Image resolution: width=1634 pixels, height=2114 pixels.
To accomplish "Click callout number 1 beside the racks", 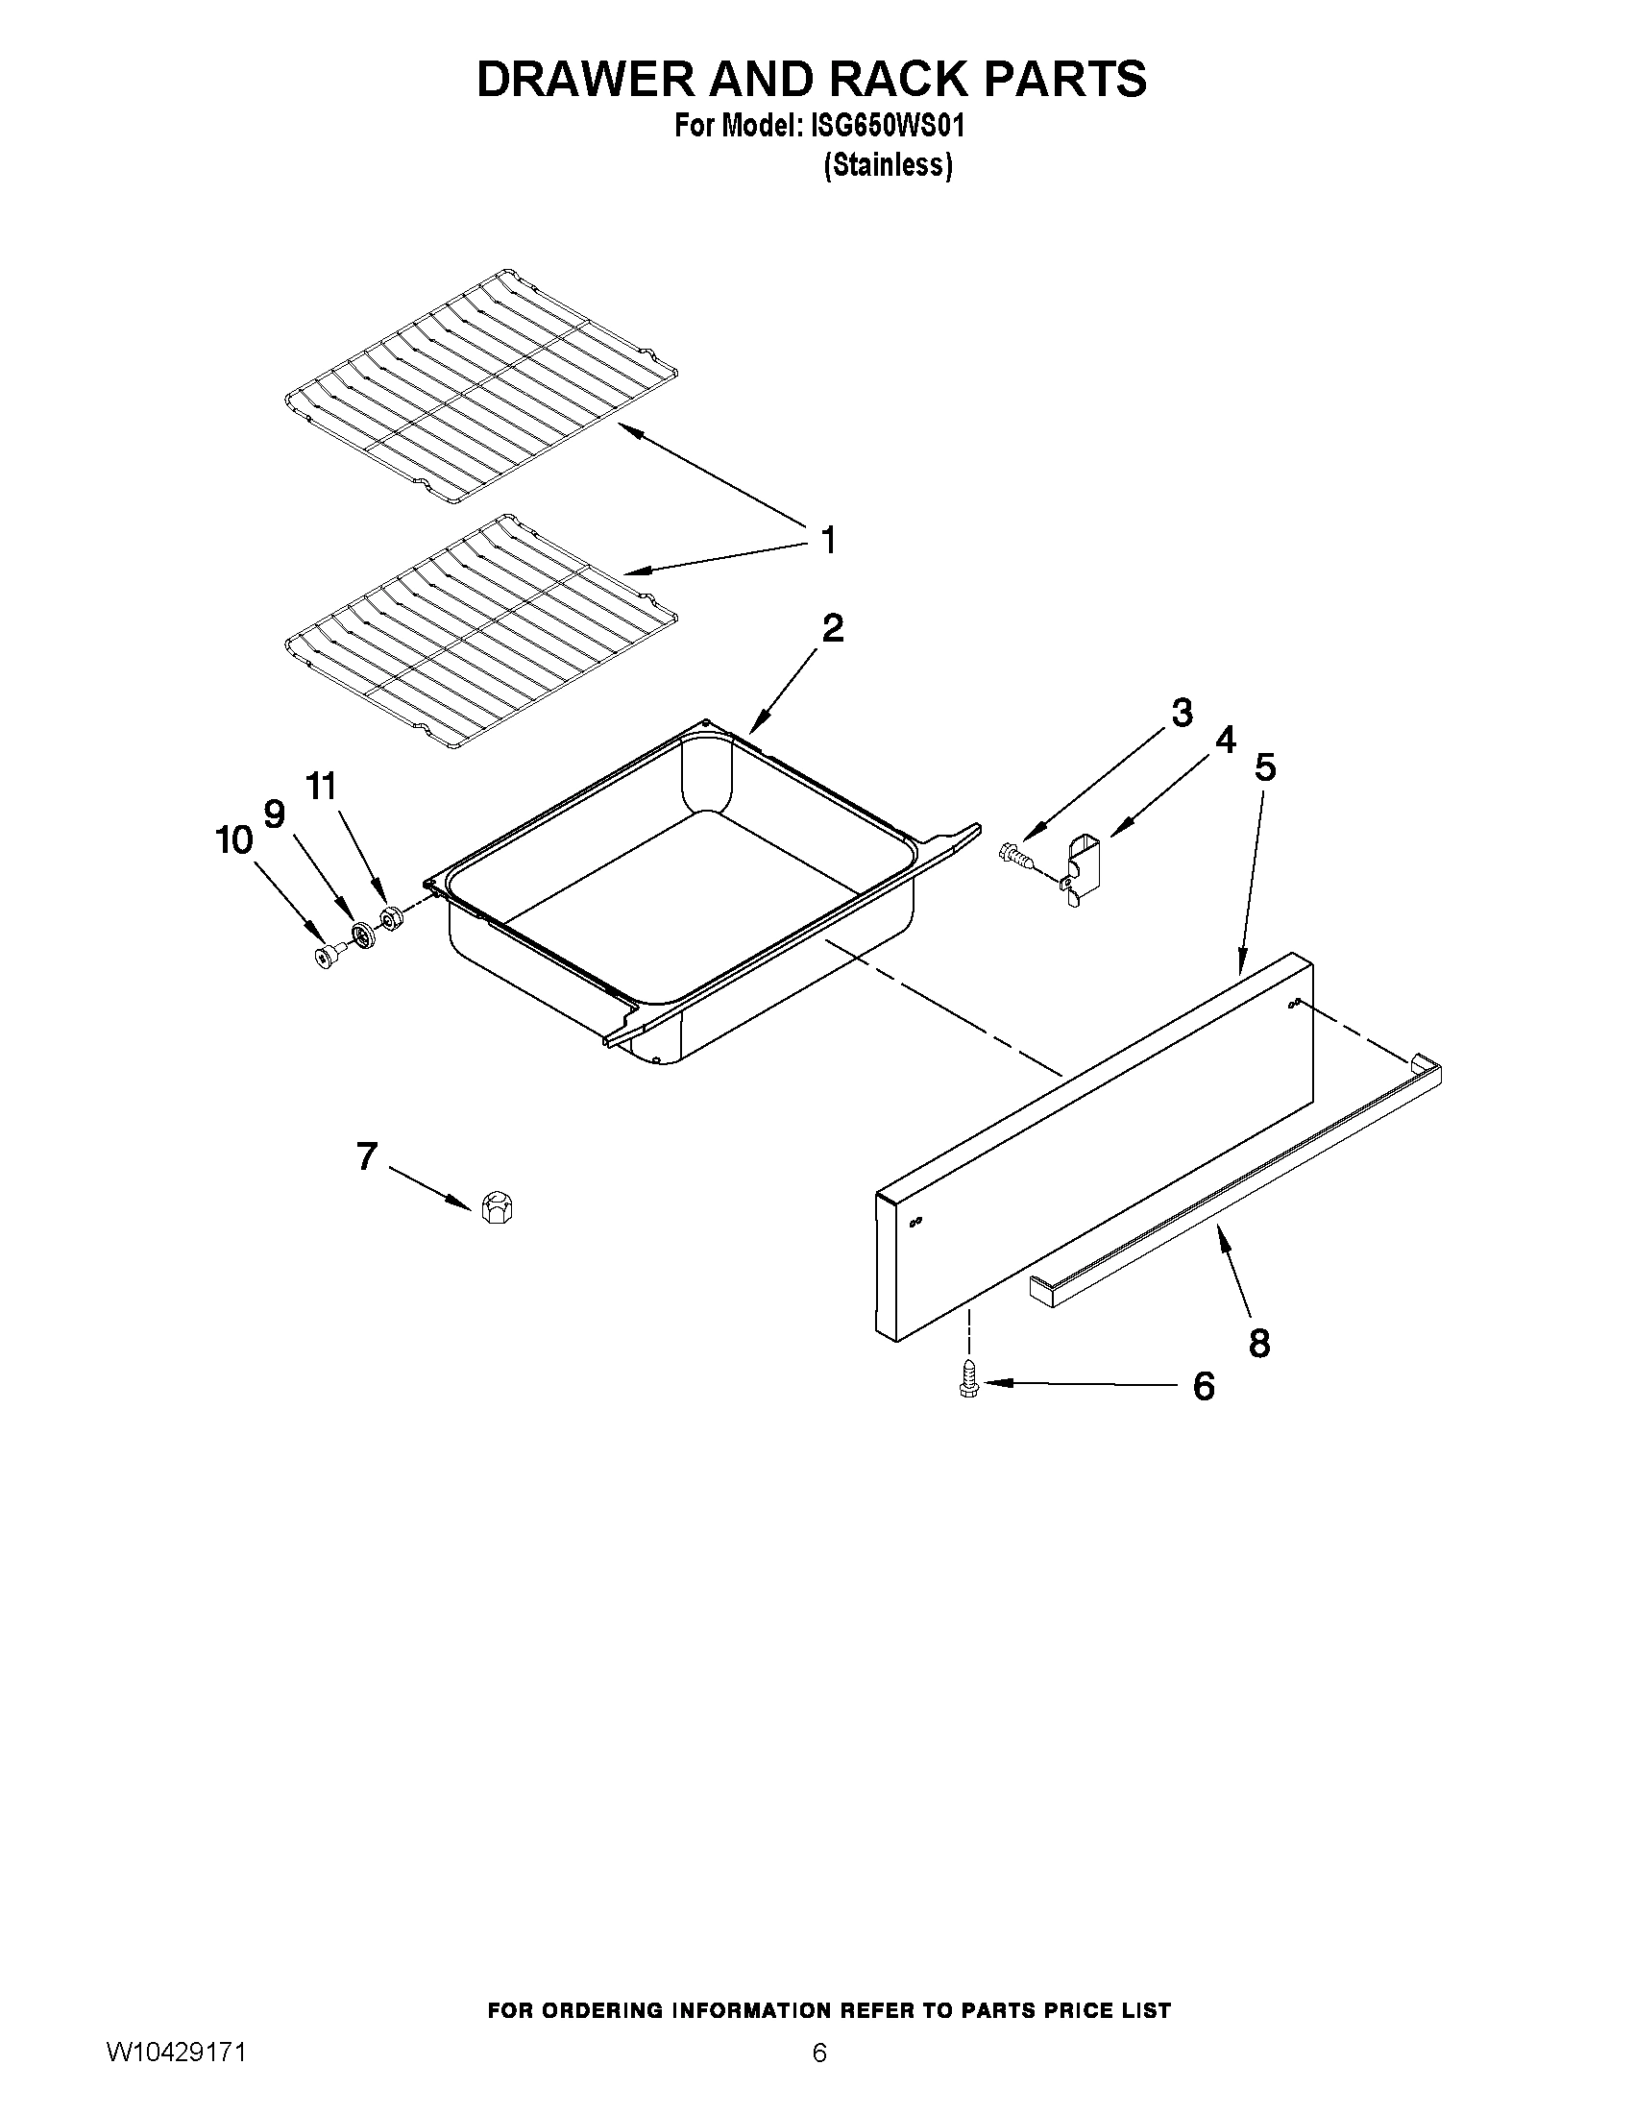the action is pos(828,541).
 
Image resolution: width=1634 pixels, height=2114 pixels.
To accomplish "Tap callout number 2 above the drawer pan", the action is pos(832,629).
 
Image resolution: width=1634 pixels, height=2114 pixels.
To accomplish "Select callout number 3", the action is pos(1181,714).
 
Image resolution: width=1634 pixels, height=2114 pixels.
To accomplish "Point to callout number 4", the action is pos(1225,741).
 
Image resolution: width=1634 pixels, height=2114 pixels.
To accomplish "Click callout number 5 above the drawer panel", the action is pos(1265,767).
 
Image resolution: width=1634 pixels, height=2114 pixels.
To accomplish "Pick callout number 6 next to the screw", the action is pos(1203,1387).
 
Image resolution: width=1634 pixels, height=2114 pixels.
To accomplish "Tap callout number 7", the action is pos(366,1156).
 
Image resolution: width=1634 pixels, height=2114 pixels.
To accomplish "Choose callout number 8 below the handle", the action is pos(1258,1343).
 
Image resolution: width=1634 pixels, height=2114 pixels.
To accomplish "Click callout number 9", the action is pos(275,814).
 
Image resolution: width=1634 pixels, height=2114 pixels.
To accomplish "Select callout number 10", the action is pos(233,840).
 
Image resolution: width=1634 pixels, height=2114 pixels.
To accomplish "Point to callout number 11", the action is pos(322,786).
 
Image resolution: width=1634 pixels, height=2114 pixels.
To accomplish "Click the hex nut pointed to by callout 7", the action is pos(497,1209).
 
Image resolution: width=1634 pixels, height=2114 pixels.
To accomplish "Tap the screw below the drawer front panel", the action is pos(965,1377).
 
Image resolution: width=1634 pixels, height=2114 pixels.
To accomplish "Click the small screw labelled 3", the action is pos(1012,853).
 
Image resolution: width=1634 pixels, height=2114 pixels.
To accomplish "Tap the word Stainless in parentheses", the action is pos(888,165).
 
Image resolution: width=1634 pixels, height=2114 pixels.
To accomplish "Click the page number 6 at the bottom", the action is pos(819,2077).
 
